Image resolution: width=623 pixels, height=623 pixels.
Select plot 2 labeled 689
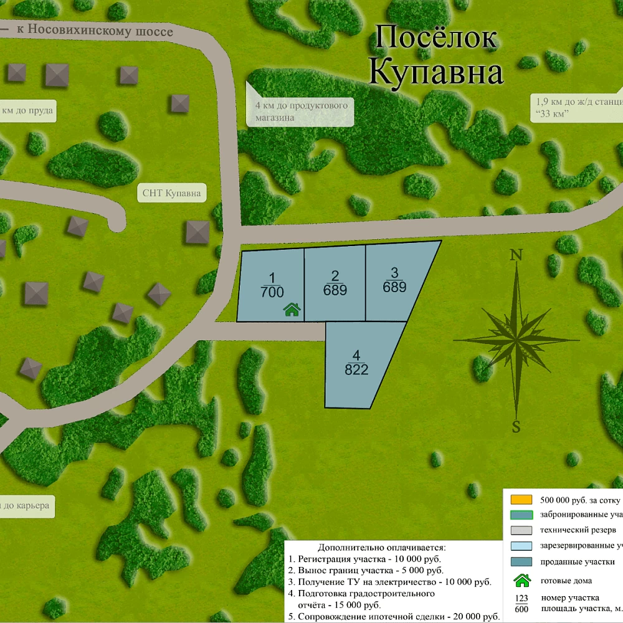point(335,283)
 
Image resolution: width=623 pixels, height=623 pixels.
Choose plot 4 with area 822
point(356,363)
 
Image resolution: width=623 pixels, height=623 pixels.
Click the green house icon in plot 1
point(292,310)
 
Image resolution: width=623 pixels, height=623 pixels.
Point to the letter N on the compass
point(516,255)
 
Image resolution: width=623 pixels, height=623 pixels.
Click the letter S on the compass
point(516,427)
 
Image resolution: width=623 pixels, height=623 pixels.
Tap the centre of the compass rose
point(516,340)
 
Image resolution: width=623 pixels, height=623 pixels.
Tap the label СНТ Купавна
point(172,194)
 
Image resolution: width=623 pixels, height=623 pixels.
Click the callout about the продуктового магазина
point(301,112)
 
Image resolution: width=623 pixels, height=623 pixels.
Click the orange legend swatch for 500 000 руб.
point(521,500)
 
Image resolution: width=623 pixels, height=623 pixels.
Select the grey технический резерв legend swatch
point(521,530)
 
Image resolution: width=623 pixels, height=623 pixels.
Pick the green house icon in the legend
point(521,580)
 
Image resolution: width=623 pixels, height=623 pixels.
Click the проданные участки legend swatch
point(521,562)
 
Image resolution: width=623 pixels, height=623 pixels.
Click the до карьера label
point(26,505)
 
